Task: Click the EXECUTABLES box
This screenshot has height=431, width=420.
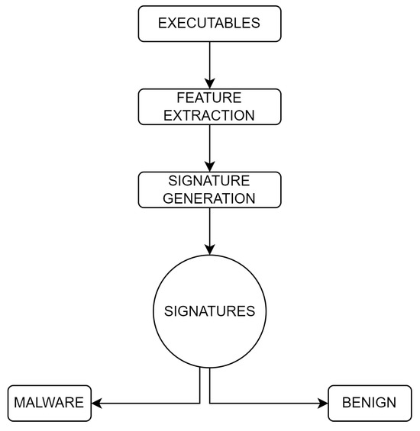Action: [x=209, y=24]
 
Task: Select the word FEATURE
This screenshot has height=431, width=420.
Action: [x=209, y=98]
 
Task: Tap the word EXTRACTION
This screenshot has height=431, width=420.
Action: [x=209, y=115]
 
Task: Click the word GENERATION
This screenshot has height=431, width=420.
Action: [x=209, y=198]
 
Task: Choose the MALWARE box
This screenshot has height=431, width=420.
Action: [x=50, y=403]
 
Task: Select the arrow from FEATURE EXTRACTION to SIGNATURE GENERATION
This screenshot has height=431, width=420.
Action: [x=209, y=146]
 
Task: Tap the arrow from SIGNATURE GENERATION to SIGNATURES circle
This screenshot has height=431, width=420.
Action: [x=209, y=229]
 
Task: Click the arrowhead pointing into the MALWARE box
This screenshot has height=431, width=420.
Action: [x=98, y=403]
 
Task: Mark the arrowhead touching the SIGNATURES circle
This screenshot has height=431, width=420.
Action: [x=209, y=249]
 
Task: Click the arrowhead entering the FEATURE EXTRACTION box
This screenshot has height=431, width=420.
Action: [x=209, y=83]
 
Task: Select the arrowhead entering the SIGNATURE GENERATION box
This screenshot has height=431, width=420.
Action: [x=209, y=166]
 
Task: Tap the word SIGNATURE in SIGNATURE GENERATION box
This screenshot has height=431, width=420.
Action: [x=209, y=182]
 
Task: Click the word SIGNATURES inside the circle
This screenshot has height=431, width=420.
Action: [x=209, y=311]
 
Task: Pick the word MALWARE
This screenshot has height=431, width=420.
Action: [x=50, y=403]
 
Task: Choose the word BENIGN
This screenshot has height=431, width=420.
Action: [x=370, y=403]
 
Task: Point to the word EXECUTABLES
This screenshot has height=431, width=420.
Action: [x=209, y=24]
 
